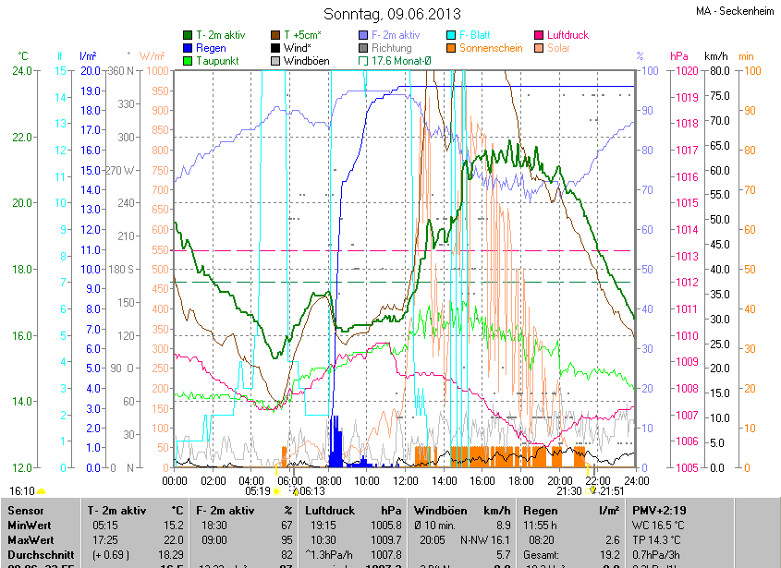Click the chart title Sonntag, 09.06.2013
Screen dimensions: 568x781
click(393, 14)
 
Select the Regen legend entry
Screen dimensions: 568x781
click(211, 47)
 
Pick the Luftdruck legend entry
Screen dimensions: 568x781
click(567, 35)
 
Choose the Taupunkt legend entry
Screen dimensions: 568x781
click(217, 60)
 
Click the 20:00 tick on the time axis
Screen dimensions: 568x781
click(560, 480)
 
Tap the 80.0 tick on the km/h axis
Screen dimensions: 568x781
click(720, 71)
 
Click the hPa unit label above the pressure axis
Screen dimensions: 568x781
click(678, 56)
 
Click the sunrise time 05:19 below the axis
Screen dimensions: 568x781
click(257, 492)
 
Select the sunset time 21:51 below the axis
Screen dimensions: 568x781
click(613, 492)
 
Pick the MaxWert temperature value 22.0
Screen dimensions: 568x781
click(173, 539)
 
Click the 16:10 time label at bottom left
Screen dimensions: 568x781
click(22, 491)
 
